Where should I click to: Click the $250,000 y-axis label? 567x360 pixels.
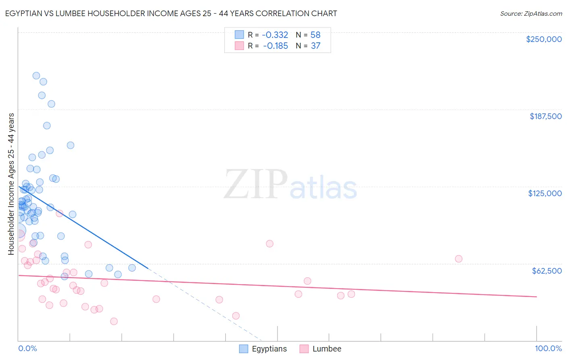(x=544, y=39)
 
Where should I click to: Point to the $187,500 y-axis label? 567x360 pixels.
(x=545, y=116)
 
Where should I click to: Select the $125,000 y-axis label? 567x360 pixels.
(x=545, y=193)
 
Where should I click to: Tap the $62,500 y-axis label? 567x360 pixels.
(x=546, y=271)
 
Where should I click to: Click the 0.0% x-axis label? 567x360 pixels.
(x=27, y=349)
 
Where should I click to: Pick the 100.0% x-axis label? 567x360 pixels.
(x=548, y=349)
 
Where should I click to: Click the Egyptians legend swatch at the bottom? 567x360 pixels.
(x=244, y=349)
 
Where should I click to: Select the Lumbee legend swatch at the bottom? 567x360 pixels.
(x=304, y=349)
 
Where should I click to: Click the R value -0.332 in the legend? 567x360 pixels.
(x=275, y=35)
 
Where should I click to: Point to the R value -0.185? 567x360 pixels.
(x=275, y=46)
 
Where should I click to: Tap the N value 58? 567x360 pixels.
(x=315, y=35)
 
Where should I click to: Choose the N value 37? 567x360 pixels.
(x=315, y=46)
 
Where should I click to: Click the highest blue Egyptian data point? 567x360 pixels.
(x=36, y=75)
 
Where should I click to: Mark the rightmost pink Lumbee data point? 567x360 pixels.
(x=459, y=259)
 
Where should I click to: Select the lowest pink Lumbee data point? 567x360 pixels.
(x=114, y=321)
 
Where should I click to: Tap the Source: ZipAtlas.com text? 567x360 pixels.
(x=531, y=14)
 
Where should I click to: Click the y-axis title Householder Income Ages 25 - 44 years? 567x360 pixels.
(x=11, y=184)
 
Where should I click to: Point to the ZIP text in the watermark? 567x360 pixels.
(x=256, y=184)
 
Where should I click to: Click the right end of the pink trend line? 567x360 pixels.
(x=536, y=297)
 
